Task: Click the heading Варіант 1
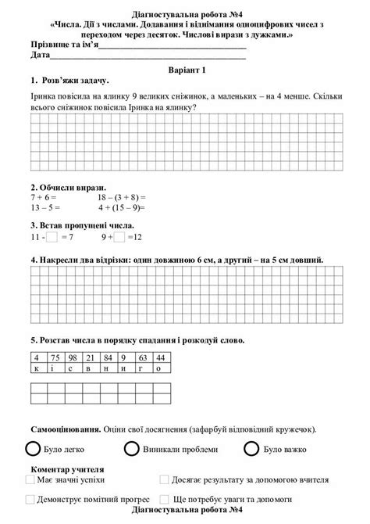[184, 70]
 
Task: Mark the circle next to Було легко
[32, 449]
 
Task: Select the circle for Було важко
[251, 449]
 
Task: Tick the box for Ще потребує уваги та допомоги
[164, 497]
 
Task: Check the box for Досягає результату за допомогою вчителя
[164, 479]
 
